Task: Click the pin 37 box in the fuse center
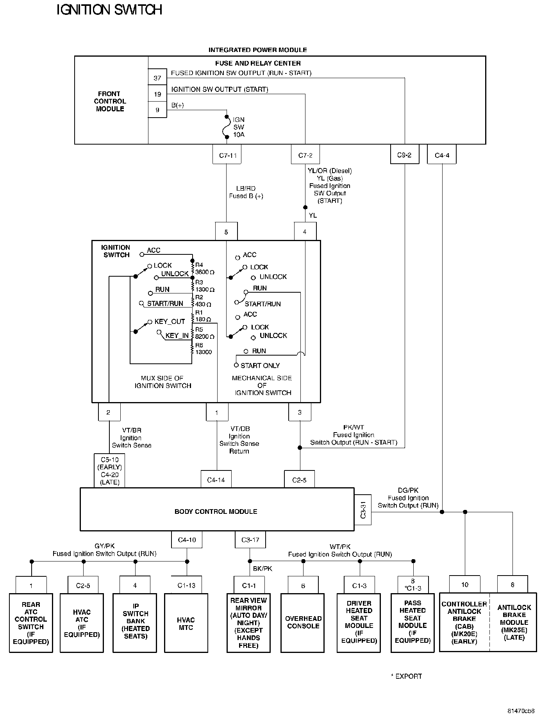(x=157, y=78)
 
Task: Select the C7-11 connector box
(x=227, y=155)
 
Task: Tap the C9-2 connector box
(x=404, y=155)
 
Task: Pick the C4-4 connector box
(x=442, y=155)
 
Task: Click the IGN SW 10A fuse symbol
(x=227, y=127)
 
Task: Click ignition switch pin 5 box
(x=226, y=232)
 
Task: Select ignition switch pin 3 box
(x=300, y=412)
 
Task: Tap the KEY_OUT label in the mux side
(x=170, y=322)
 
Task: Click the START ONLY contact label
(x=260, y=366)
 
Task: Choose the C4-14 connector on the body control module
(x=216, y=480)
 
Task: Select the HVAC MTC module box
(x=186, y=623)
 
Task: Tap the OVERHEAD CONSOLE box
(x=303, y=622)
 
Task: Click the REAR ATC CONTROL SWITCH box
(x=31, y=623)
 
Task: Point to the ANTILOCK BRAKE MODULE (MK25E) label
(x=514, y=622)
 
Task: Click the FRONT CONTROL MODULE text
(x=110, y=101)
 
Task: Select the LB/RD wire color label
(x=246, y=188)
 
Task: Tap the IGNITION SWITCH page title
(x=109, y=10)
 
